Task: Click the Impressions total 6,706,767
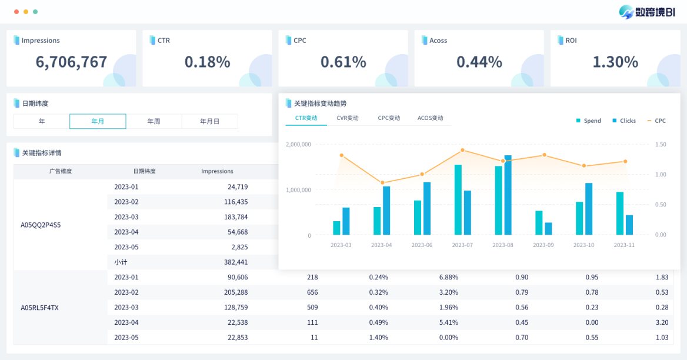point(72,62)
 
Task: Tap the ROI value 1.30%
point(615,62)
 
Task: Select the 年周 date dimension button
point(154,121)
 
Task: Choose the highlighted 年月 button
point(98,121)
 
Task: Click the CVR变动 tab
point(348,118)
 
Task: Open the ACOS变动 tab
point(430,118)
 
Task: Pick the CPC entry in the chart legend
point(656,121)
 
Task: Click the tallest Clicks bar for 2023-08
point(508,195)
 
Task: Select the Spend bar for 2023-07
point(458,199)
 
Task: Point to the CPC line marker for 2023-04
point(382,183)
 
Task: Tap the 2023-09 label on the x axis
point(543,245)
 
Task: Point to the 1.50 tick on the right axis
point(661,144)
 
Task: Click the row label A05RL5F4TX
point(40,308)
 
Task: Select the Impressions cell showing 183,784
point(236,217)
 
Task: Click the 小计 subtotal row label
point(121,262)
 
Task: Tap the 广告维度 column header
point(61,171)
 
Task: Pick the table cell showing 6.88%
point(448,277)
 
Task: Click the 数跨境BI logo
point(647,12)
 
